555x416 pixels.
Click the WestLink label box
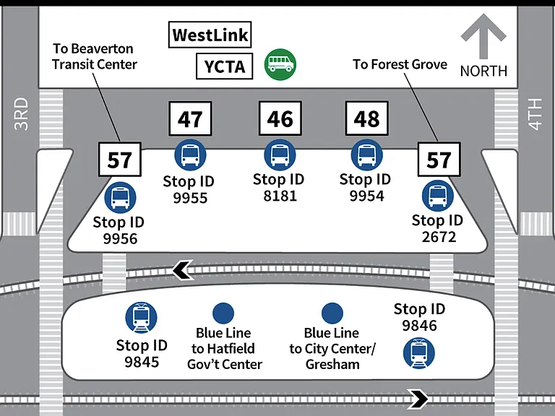[x=210, y=35]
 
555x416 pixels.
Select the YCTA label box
[x=225, y=66]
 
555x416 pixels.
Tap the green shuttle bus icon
[x=280, y=64]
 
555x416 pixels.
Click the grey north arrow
[x=483, y=36]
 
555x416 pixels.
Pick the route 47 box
[x=191, y=119]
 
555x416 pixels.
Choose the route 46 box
[x=280, y=118]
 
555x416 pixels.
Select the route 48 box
[x=367, y=118]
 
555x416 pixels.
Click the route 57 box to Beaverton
[x=120, y=160]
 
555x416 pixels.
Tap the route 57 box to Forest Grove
[x=439, y=160]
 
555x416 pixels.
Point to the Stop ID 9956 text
[x=119, y=230]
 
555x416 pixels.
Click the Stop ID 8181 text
[x=279, y=188]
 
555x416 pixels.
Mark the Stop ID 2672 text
[x=438, y=228]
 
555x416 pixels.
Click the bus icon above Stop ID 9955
[x=191, y=155]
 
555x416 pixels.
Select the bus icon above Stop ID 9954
[x=367, y=155]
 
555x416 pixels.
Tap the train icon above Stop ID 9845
[x=141, y=318]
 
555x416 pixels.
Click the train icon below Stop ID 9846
[x=419, y=353]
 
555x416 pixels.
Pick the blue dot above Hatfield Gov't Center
[x=223, y=313]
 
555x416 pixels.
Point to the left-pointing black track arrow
[x=183, y=270]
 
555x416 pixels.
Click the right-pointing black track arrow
[x=418, y=399]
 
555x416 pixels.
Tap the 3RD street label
[x=21, y=114]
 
